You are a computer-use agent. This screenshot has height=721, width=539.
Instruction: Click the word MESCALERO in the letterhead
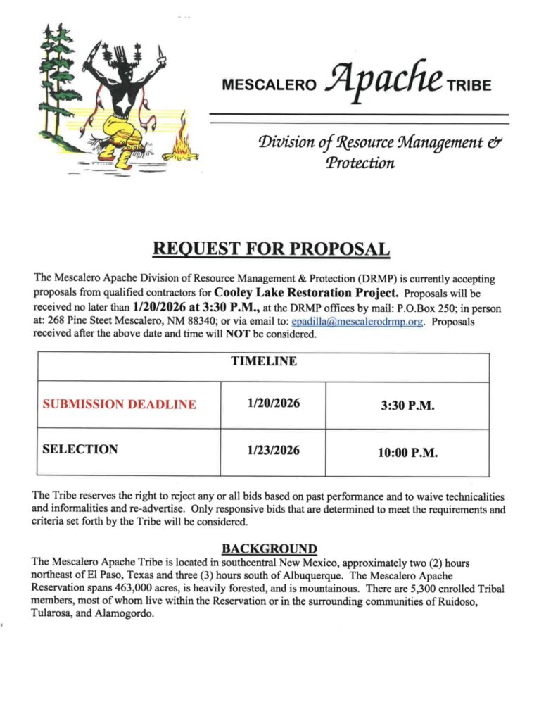point(270,86)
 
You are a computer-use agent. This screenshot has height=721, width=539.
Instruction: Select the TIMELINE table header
point(263,361)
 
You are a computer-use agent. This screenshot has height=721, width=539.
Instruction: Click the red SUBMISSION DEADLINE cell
point(120,404)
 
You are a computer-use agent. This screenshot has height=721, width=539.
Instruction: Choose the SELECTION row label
point(80,449)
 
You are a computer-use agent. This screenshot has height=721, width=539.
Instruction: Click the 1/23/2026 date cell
point(273,450)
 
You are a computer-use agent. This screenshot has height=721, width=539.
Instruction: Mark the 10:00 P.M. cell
point(408,452)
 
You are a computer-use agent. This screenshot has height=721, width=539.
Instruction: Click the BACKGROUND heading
point(269,548)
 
